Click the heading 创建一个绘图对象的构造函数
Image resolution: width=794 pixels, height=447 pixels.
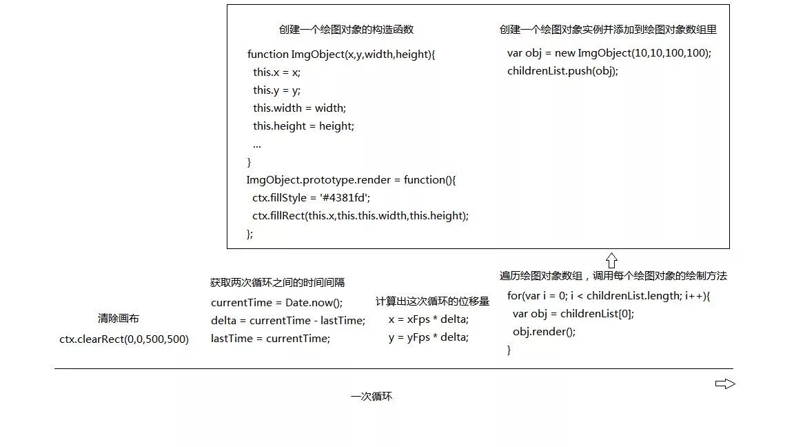pyautogui.click(x=346, y=30)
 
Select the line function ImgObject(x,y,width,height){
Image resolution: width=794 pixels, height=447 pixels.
pyautogui.click(x=341, y=54)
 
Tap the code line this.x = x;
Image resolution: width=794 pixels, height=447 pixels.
pyautogui.click(x=276, y=72)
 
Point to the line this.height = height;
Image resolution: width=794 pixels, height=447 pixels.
pyautogui.click(x=303, y=126)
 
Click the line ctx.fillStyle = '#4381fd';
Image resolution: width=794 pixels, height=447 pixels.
pyautogui.click(x=311, y=198)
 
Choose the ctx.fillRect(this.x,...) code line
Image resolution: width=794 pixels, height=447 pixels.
pyautogui.click(x=360, y=216)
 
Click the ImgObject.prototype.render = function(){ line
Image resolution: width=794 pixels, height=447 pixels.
pyautogui.click(x=351, y=180)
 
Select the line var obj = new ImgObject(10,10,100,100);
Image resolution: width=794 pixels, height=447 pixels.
pyautogui.click(x=609, y=53)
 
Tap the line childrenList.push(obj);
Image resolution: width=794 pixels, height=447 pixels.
pyautogui.click(x=562, y=71)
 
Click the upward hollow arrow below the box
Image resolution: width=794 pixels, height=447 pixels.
pyautogui.click(x=611, y=260)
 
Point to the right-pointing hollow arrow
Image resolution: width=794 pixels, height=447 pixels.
pyautogui.click(x=725, y=384)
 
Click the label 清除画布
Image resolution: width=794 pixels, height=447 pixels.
pyautogui.click(x=119, y=319)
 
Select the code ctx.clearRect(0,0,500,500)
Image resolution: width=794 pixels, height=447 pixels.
pyautogui.click(x=124, y=339)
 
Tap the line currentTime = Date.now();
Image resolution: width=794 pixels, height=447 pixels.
pyautogui.click(x=276, y=303)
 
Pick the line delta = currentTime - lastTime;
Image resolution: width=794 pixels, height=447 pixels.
pyautogui.click(x=288, y=321)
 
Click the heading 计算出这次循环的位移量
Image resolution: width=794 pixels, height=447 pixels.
pyautogui.click(x=432, y=301)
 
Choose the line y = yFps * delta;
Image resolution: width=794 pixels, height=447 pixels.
pyautogui.click(x=428, y=337)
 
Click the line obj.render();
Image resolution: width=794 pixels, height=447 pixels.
pyautogui.click(x=544, y=332)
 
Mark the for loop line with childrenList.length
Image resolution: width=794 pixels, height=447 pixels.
pyautogui.click(x=608, y=296)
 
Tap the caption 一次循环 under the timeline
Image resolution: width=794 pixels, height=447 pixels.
pyautogui.click(x=371, y=397)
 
